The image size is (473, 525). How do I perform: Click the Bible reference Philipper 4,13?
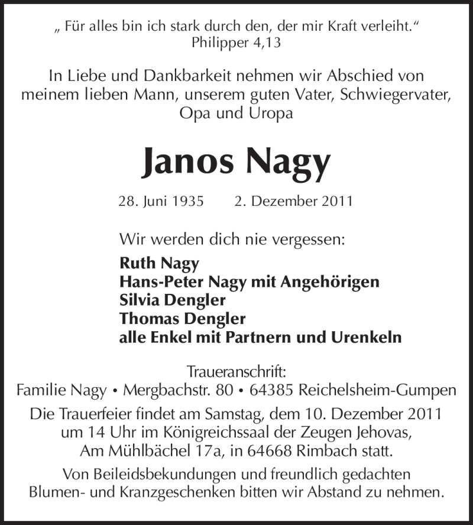pyautogui.click(x=237, y=43)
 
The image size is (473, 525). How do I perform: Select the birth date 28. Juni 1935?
pyautogui.click(x=161, y=201)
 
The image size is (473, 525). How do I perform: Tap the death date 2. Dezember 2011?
pyautogui.click(x=293, y=201)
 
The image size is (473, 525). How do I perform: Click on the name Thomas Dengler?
pyautogui.click(x=182, y=319)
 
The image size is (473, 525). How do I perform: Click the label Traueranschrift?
pyautogui.click(x=237, y=372)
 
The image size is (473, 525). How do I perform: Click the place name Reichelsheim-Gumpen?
pyautogui.click(x=378, y=391)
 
